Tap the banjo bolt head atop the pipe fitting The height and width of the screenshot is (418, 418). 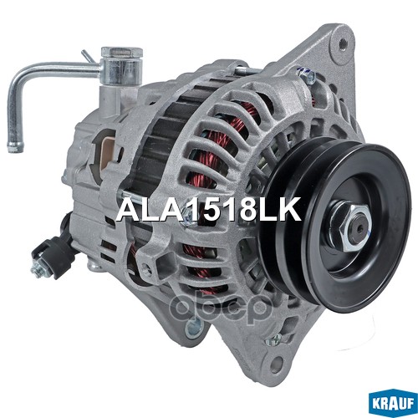coord(114,54)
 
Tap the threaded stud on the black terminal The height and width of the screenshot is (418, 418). coord(37,269)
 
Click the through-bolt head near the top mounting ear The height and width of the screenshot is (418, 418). coord(304,76)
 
